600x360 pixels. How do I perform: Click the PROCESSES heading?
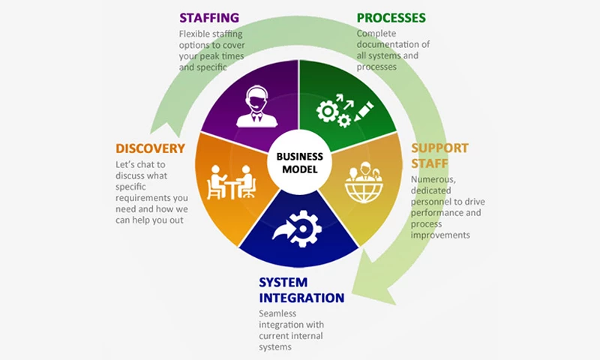click(x=391, y=17)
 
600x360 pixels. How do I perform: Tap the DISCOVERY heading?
click(x=150, y=148)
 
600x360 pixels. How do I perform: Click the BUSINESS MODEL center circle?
click(x=299, y=163)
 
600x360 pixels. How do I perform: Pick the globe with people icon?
click(x=364, y=183)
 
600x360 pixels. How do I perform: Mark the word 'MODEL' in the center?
click(x=299, y=169)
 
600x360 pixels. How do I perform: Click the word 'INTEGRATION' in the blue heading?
click(x=301, y=298)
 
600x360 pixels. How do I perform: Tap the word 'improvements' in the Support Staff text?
click(x=440, y=235)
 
